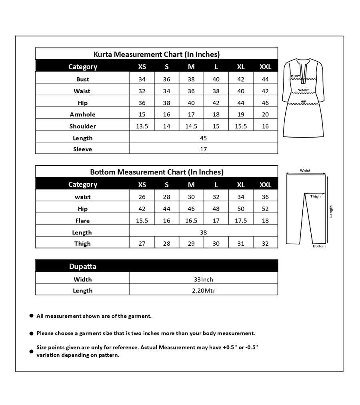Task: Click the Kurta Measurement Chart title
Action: (x=156, y=54)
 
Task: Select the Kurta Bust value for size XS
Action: (x=142, y=79)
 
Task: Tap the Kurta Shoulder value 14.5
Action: (x=191, y=126)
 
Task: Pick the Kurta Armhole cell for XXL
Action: (x=265, y=114)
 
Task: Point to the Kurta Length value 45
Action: (x=203, y=138)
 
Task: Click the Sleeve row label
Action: (x=82, y=149)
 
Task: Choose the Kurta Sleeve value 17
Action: (x=203, y=149)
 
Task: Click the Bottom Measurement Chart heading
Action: (x=156, y=172)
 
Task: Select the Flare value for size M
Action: (x=191, y=221)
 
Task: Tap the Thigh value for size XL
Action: (x=241, y=243)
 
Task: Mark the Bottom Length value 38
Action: (x=203, y=232)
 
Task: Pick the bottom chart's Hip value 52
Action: (x=265, y=209)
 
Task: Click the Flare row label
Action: (x=82, y=221)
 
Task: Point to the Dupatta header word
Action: (x=82, y=267)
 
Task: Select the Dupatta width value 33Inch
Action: (x=203, y=279)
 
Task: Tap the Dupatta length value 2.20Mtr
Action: (x=203, y=291)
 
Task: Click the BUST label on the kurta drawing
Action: (x=296, y=76)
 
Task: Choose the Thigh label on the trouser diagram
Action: (x=315, y=196)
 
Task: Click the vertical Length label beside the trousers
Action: (x=331, y=211)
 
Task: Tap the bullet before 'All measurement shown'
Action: (x=31, y=316)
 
